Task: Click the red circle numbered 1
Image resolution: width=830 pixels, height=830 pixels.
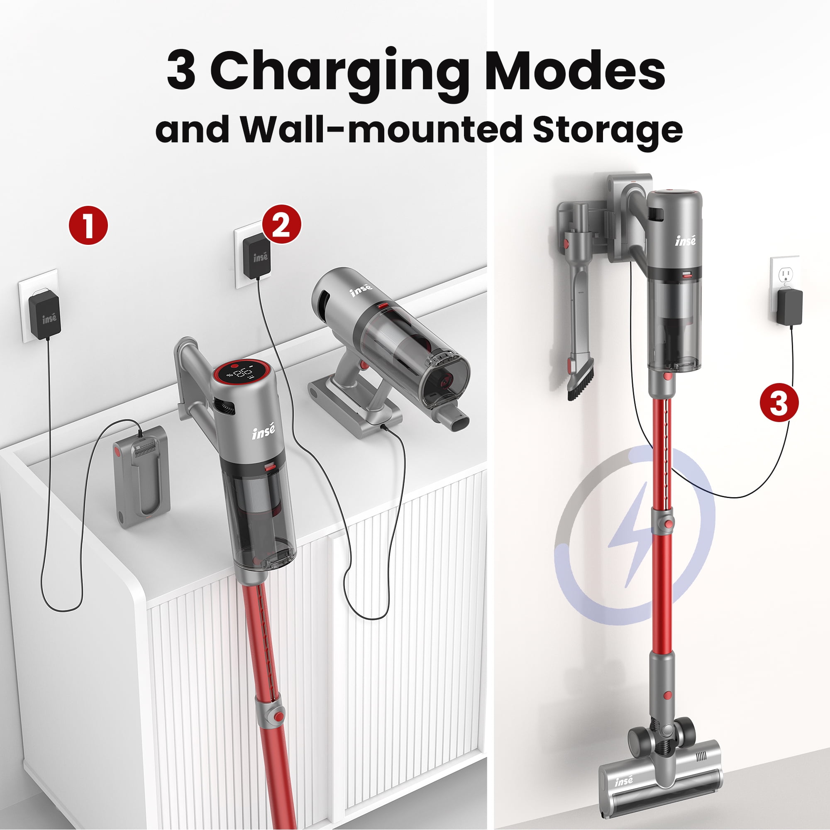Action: (88, 225)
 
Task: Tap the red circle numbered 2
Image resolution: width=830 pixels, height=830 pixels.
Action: (281, 224)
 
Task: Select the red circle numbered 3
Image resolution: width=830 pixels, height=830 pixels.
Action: (779, 403)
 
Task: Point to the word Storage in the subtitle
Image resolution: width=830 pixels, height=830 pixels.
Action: (608, 129)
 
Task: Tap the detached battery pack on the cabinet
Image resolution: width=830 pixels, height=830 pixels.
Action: (142, 476)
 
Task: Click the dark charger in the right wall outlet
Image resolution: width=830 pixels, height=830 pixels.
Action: (790, 307)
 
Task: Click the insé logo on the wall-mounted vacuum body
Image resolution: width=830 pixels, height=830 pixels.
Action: (685, 241)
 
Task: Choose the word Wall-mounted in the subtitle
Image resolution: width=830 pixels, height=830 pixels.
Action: (381, 129)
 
